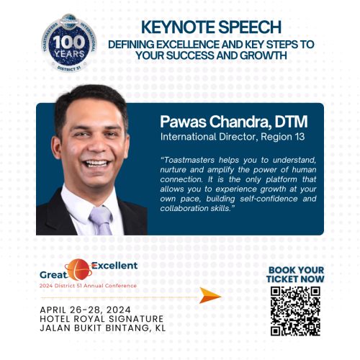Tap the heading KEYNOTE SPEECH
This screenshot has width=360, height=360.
[x=211, y=27]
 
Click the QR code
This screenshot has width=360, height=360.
[x=294, y=311]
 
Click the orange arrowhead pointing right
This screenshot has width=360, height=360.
[x=210, y=295]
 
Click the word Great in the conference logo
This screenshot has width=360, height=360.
[x=54, y=275]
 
